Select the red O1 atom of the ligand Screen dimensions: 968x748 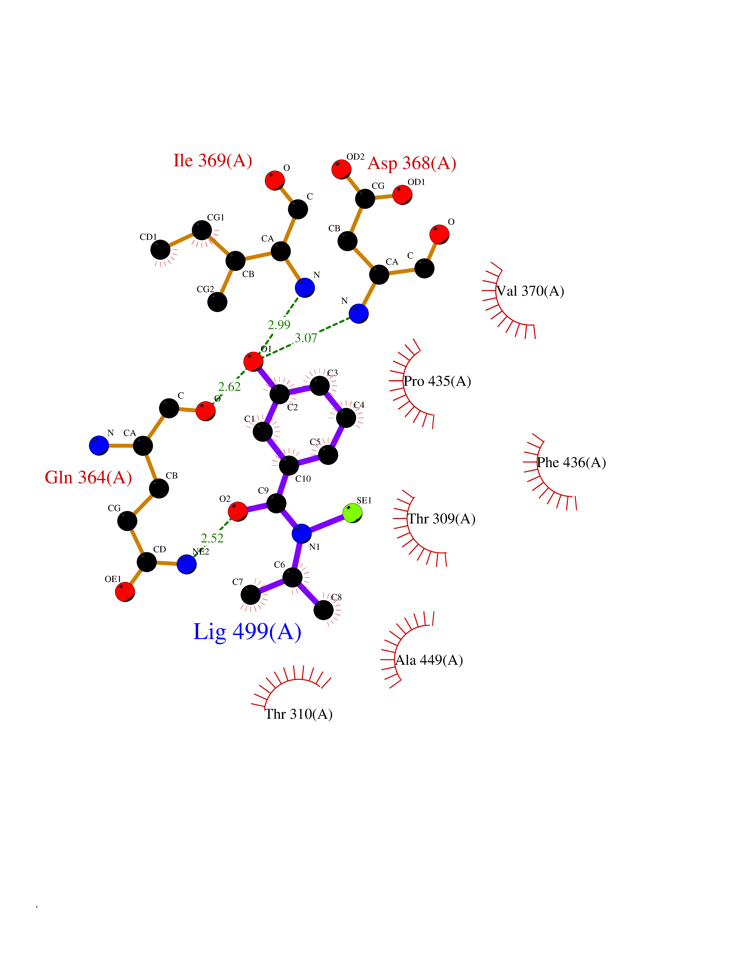tap(253, 362)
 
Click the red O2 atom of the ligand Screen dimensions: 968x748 tap(238, 511)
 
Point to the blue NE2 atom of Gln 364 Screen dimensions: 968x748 tap(187, 564)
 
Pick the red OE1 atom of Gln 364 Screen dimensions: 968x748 tap(125, 592)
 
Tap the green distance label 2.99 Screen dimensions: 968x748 tap(279, 325)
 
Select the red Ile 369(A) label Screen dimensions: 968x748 tap(213, 161)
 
